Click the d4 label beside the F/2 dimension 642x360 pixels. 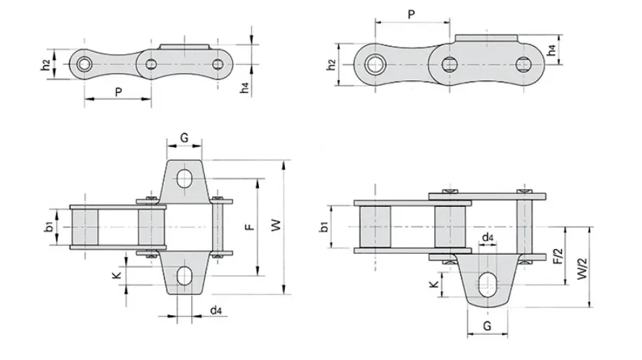[487, 237]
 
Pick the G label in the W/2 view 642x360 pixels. [487, 326]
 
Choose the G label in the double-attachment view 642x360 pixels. [184, 137]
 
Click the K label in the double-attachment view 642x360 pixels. [115, 276]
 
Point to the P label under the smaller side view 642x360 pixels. [118, 92]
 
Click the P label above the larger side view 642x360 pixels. [411, 14]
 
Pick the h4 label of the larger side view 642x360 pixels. [551, 50]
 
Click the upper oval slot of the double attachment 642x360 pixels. [185, 177]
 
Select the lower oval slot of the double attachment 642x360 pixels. [185, 276]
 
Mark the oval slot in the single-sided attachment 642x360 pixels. [488, 283]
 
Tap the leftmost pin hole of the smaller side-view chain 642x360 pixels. [84, 65]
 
